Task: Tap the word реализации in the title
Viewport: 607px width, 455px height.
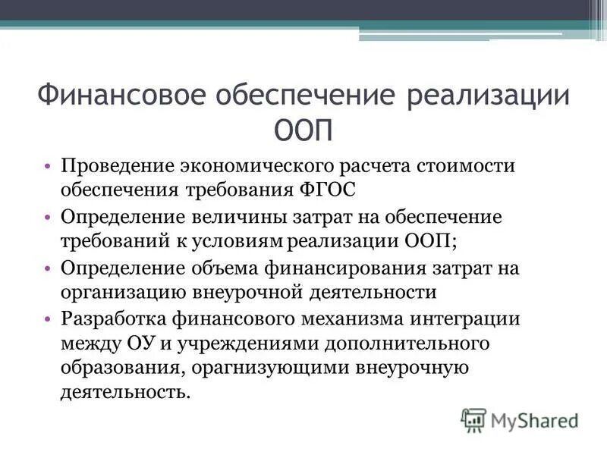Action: pos(489,97)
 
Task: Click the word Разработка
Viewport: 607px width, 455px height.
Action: pos(115,318)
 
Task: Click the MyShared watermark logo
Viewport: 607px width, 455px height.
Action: pos(520,419)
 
